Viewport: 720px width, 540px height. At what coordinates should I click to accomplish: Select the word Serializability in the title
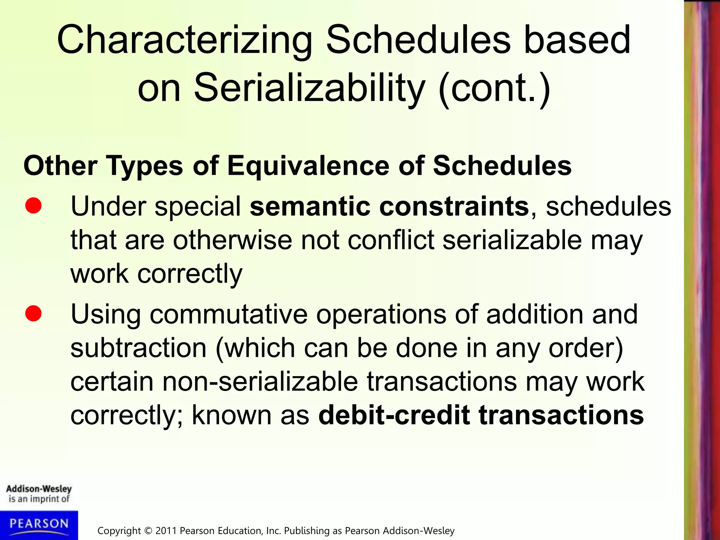(x=309, y=88)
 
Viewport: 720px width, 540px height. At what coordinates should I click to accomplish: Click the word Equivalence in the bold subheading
(x=308, y=166)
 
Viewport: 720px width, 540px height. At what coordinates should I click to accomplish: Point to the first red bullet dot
(x=33, y=206)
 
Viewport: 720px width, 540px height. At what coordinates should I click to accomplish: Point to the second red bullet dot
(x=33, y=313)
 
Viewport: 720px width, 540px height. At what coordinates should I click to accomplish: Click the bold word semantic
(x=310, y=206)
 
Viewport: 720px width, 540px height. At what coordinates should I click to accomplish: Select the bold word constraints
(x=454, y=206)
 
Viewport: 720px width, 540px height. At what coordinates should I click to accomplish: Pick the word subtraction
(x=139, y=348)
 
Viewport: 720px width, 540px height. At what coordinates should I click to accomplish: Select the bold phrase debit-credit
(x=394, y=415)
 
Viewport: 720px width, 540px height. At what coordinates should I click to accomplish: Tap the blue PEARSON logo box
(x=39, y=525)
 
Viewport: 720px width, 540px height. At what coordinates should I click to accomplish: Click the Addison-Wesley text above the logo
(x=39, y=489)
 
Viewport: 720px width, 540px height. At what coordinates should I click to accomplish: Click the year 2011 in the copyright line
(x=166, y=531)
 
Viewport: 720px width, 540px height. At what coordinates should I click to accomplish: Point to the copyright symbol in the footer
(x=148, y=531)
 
